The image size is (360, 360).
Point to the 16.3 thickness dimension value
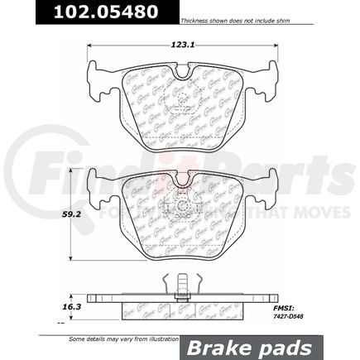coord(77,305)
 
